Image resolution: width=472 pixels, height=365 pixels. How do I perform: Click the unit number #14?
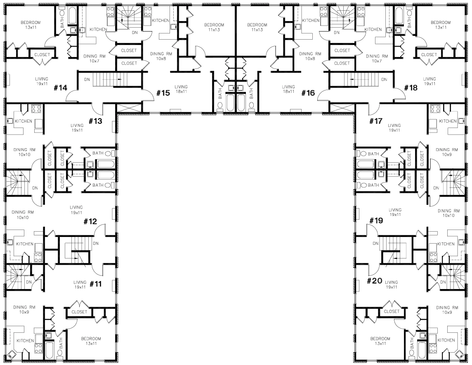tap(61, 88)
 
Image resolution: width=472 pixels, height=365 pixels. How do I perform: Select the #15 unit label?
tap(163, 93)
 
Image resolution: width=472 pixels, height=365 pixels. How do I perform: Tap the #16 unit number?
tap(308, 93)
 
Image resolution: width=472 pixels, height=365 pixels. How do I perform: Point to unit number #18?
tap(411, 88)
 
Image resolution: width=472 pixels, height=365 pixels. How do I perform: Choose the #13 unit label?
tap(96, 121)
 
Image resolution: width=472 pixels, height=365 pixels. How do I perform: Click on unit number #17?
tap(376, 121)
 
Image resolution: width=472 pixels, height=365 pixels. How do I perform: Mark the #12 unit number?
tap(90, 221)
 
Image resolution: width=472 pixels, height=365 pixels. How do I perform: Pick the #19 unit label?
tap(376, 220)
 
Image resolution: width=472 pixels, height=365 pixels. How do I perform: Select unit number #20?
tap(374, 281)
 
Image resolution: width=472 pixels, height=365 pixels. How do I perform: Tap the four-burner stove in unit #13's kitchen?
tap(36, 109)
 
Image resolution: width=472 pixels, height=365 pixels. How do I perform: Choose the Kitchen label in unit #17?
tap(448, 121)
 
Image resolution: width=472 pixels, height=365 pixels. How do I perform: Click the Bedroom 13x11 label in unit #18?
tap(441, 25)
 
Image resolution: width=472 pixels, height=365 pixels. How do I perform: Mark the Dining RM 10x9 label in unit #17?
tap(447, 152)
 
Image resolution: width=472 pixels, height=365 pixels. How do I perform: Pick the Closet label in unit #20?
tap(392, 311)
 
